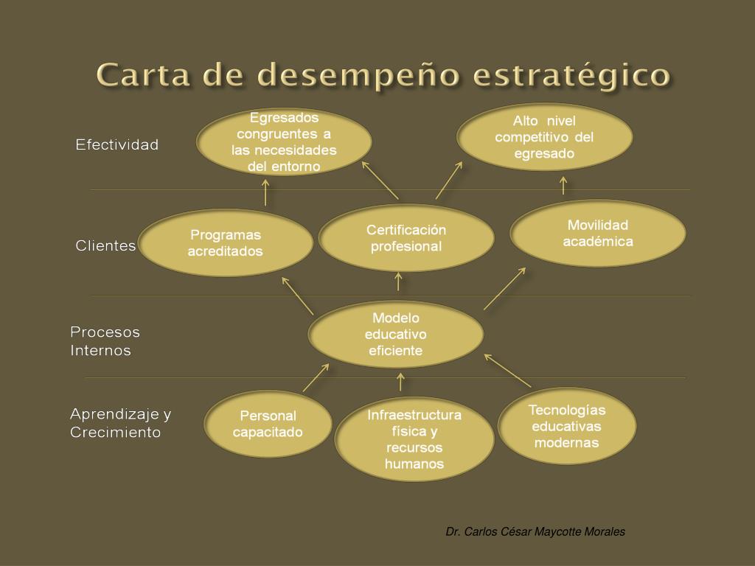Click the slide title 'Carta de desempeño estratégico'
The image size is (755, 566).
[383, 74]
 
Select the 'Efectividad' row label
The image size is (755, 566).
[117, 144]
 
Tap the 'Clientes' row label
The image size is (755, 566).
[105, 245]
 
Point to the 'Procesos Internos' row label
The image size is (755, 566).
[105, 341]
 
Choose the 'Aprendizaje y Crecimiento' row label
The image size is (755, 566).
[120, 423]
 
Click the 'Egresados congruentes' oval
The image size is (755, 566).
[284, 142]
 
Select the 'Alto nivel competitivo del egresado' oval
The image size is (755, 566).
[544, 137]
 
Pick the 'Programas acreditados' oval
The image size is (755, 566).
[226, 243]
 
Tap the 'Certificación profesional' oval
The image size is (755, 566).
[406, 238]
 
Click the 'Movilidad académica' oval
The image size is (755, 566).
[598, 233]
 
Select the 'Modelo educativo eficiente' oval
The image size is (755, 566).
[396, 334]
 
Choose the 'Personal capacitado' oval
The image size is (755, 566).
[268, 424]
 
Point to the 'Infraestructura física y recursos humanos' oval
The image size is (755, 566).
[414, 439]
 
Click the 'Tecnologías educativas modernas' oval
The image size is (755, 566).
[567, 426]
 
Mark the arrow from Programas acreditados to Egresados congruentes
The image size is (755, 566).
[265, 193]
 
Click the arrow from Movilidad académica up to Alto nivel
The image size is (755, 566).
[563, 185]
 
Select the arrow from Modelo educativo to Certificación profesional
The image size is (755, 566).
[399, 282]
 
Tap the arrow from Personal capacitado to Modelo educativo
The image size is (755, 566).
[316, 377]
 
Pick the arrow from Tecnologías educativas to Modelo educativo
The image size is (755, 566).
[507, 370]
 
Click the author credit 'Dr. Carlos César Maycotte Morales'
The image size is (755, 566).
[535, 531]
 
